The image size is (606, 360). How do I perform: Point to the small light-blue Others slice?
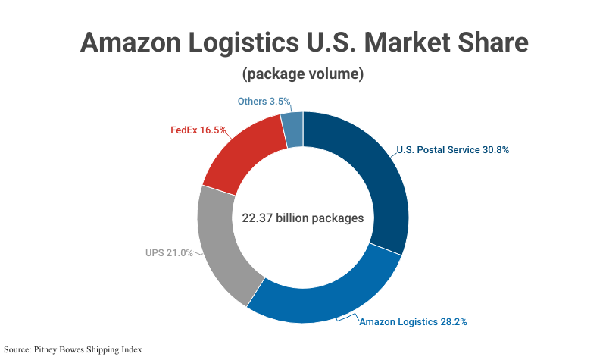pyautogui.click(x=292, y=130)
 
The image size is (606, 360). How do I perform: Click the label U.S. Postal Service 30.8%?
pyautogui.click(x=452, y=150)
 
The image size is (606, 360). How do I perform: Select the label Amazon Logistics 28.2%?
pyautogui.click(x=413, y=322)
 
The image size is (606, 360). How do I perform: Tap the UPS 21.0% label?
pyautogui.click(x=169, y=252)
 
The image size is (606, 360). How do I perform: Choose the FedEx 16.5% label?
pyautogui.click(x=198, y=130)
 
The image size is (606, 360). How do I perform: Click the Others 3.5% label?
pyautogui.click(x=264, y=102)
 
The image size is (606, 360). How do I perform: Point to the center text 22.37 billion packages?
pyautogui.click(x=303, y=218)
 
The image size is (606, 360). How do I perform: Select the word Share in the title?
pyautogui.click(x=489, y=42)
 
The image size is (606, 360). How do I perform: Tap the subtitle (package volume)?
pyautogui.click(x=303, y=75)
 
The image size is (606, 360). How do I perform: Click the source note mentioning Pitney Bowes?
pyautogui.click(x=73, y=349)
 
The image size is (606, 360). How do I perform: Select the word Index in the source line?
pyautogui.click(x=130, y=349)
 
